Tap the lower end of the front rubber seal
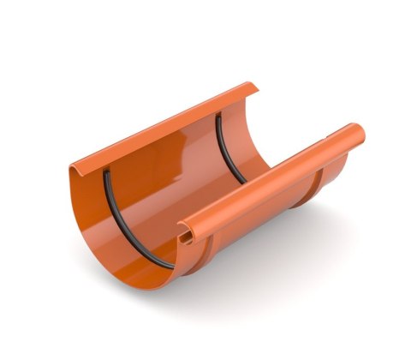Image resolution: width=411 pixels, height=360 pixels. click(171, 264)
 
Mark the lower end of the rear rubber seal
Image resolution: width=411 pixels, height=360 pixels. click(246, 182)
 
